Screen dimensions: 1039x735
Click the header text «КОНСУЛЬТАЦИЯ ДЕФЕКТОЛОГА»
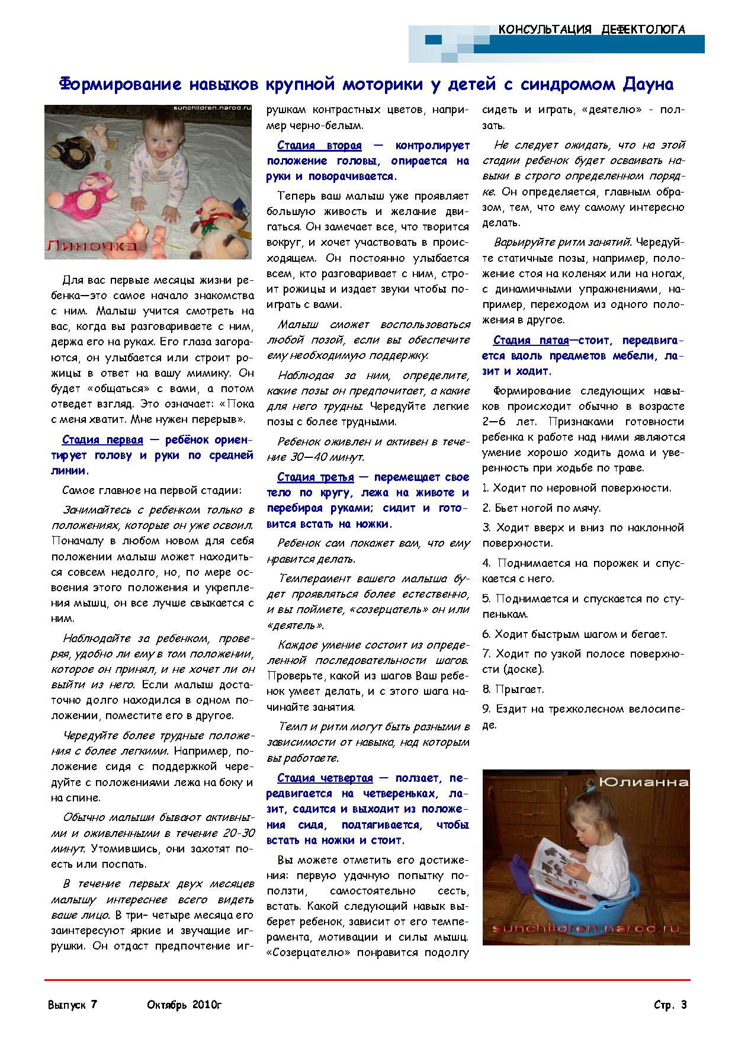(592, 30)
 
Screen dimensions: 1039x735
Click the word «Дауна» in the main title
(647, 84)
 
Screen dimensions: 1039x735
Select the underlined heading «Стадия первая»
(102, 440)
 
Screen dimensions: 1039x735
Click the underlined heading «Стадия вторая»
(319, 146)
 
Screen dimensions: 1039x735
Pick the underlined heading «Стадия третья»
(315, 477)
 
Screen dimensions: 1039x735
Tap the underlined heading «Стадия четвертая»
(325, 778)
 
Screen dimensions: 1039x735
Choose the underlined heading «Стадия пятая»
(531, 341)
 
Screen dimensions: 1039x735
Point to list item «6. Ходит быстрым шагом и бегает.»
(574, 634)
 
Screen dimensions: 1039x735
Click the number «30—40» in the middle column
(307, 457)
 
